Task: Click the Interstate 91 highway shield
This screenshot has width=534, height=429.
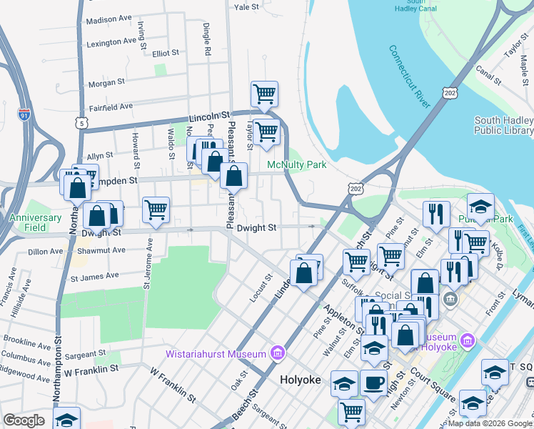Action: pos(25,113)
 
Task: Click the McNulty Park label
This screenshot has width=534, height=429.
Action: pos(296,165)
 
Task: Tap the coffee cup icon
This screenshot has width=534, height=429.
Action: pos(373,383)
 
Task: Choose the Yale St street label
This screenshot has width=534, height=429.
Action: pos(246,6)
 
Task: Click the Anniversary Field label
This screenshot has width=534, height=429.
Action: pos(35,222)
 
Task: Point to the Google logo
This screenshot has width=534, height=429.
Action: pos(24,420)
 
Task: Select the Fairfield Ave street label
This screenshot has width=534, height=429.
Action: pos(106,107)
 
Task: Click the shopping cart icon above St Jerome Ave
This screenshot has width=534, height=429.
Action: pos(156,209)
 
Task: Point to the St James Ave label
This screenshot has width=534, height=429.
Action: pos(93,275)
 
